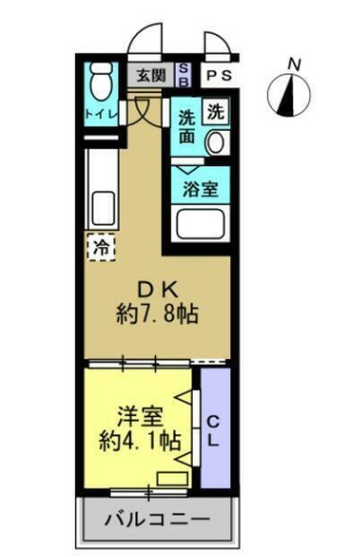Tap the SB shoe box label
pos(184,75)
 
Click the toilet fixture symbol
pos(100,83)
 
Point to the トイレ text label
pos(101,115)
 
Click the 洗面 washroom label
pos(187,127)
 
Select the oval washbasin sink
pos(217,144)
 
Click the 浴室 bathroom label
pos(201,185)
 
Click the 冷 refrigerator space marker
pos(101,247)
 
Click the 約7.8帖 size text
pos(157,313)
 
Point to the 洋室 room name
pos(140,412)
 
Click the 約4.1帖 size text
pos(140,438)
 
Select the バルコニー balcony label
pos(157,518)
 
